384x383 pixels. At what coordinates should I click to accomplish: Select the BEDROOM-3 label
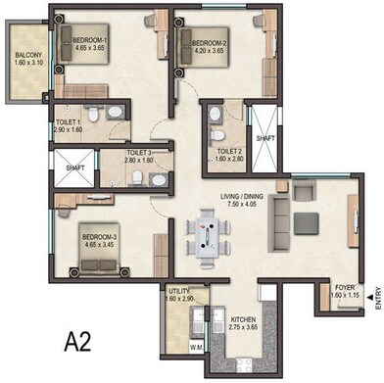[x=100, y=237]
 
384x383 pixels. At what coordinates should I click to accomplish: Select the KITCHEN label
[x=243, y=319]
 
